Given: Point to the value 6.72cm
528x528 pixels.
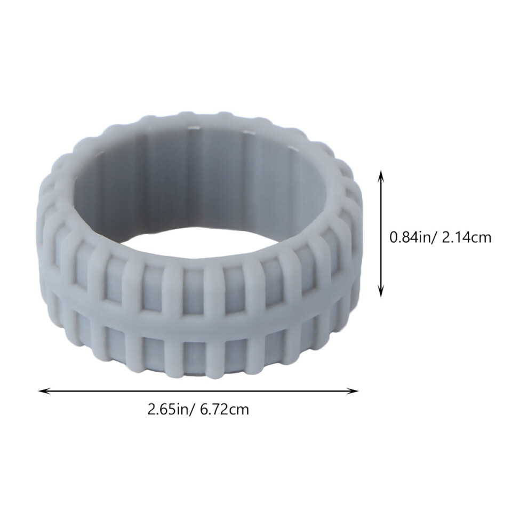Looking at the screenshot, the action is click(x=225, y=410).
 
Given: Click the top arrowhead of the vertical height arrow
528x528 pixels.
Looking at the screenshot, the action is click(x=381, y=174).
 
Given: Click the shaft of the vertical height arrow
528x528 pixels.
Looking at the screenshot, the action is click(x=381, y=234).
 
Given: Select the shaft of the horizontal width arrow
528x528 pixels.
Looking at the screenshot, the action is click(x=198, y=391).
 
